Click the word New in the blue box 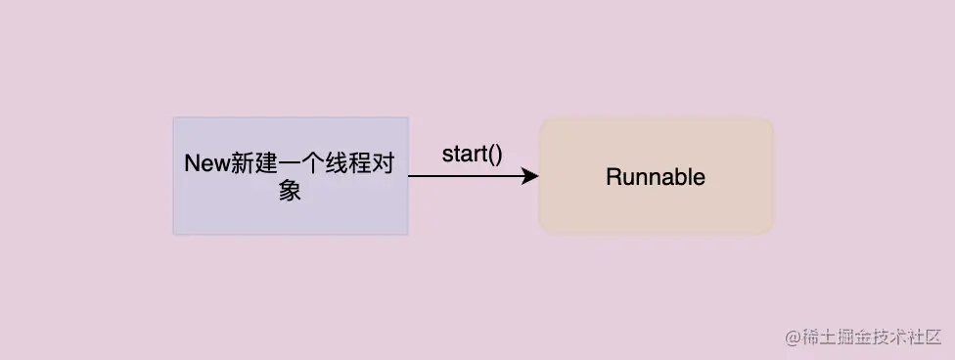click(x=205, y=164)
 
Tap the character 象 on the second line click(x=290, y=191)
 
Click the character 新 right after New click(x=242, y=164)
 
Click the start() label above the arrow click(x=472, y=154)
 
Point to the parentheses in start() click(x=494, y=154)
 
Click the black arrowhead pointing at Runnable click(x=531, y=176)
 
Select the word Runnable click(x=656, y=177)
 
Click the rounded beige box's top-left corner click(x=544, y=122)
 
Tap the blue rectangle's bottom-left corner click(x=175, y=234)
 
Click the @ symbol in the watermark click(x=794, y=336)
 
